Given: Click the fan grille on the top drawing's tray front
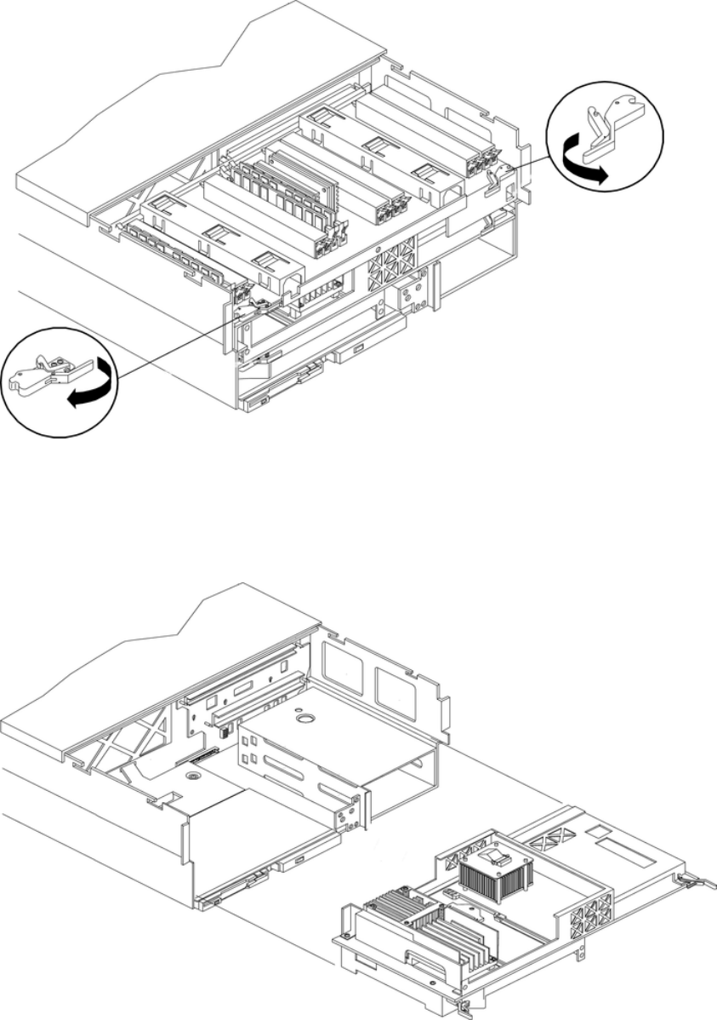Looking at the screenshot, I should (392, 265).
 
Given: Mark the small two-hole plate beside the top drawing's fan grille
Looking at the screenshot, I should (417, 293).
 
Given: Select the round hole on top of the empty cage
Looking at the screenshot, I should (304, 718).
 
